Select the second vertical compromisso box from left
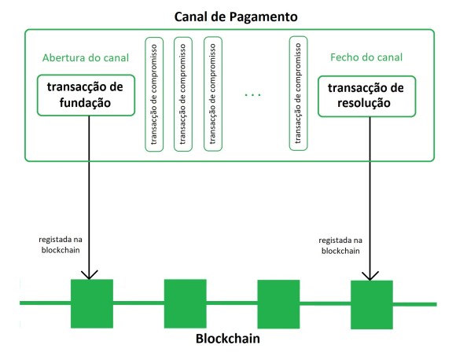182,93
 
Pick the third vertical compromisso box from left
211,93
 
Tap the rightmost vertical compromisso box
297,93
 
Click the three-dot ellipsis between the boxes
253,95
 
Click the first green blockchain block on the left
91,302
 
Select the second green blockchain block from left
185,303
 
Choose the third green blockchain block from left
279,303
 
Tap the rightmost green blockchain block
371,303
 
